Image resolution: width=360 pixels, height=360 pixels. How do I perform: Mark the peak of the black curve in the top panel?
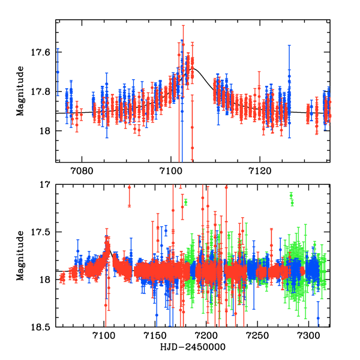click(190, 68)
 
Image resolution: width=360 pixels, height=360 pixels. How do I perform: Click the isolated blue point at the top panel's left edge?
click(58, 72)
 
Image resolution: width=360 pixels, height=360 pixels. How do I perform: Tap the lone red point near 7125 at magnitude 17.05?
click(130, 188)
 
